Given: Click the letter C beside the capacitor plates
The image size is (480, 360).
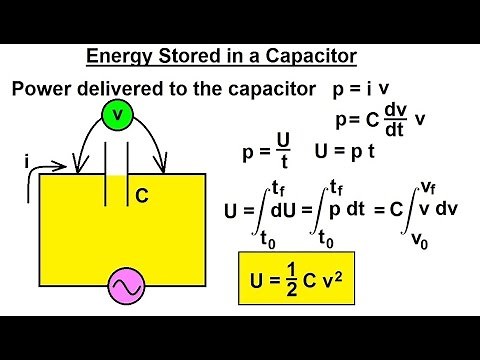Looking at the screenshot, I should tap(142, 197).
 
